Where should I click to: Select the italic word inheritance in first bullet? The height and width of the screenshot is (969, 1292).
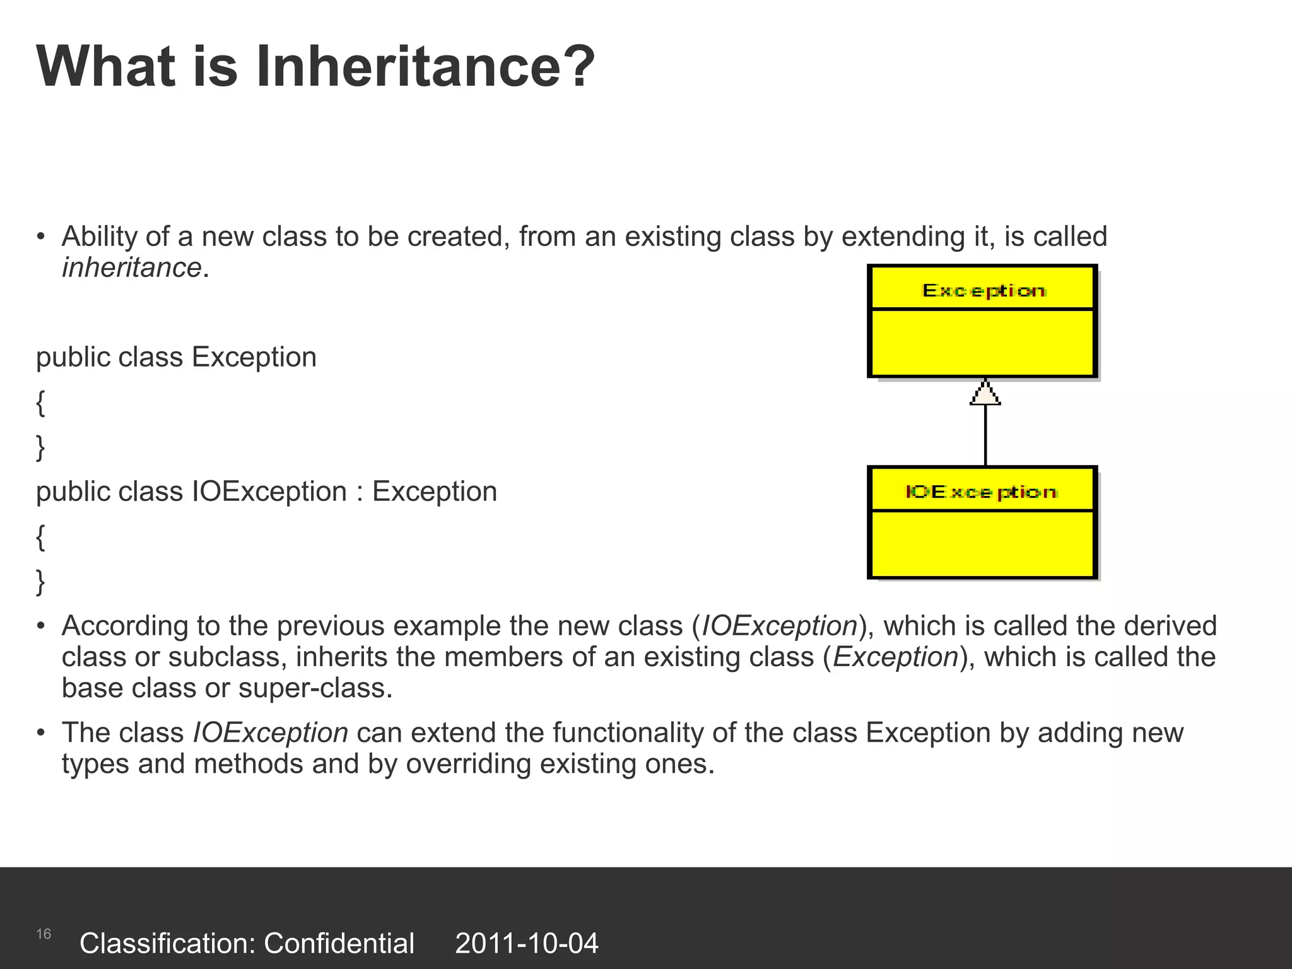click(131, 268)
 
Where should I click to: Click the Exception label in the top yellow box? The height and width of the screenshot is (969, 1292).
click(983, 290)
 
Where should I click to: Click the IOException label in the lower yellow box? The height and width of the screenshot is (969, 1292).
click(981, 491)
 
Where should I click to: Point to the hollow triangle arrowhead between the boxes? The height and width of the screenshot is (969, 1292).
click(985, 394)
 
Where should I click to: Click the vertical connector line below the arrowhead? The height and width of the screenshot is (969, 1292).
click(985, 435)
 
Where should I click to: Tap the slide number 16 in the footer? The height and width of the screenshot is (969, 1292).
click(44, 934)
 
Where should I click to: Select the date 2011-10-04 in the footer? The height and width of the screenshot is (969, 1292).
click(526, 944)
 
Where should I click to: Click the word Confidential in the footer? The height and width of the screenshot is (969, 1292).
click(339, 944)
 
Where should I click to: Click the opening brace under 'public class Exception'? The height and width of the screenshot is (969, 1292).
click(40, 402)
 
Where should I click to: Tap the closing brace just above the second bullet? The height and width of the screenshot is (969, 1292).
click(40, 582)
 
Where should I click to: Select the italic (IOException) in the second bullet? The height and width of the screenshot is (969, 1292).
click(780, 626)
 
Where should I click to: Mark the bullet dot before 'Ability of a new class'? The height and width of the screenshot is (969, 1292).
click(41, 238)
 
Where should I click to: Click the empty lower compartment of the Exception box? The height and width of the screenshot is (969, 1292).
click(983, 343)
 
